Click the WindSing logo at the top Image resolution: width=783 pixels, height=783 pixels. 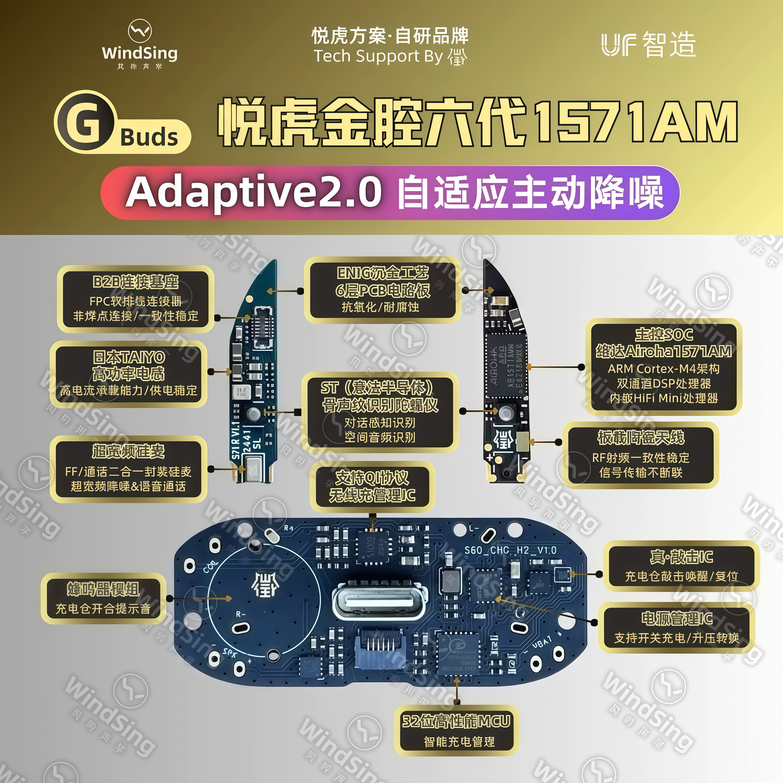[139, 45]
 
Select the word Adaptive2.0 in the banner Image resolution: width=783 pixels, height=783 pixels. [254, 192]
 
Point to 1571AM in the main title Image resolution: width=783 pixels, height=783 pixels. [635, 122]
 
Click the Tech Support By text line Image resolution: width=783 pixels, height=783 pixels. [390, 56]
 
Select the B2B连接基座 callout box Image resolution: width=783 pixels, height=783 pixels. [136, 299]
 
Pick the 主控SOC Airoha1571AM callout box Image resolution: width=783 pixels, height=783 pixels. [663, 367]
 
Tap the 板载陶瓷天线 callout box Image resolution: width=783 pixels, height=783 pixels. [640, 455]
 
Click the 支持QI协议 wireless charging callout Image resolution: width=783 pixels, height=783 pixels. [372, 486]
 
